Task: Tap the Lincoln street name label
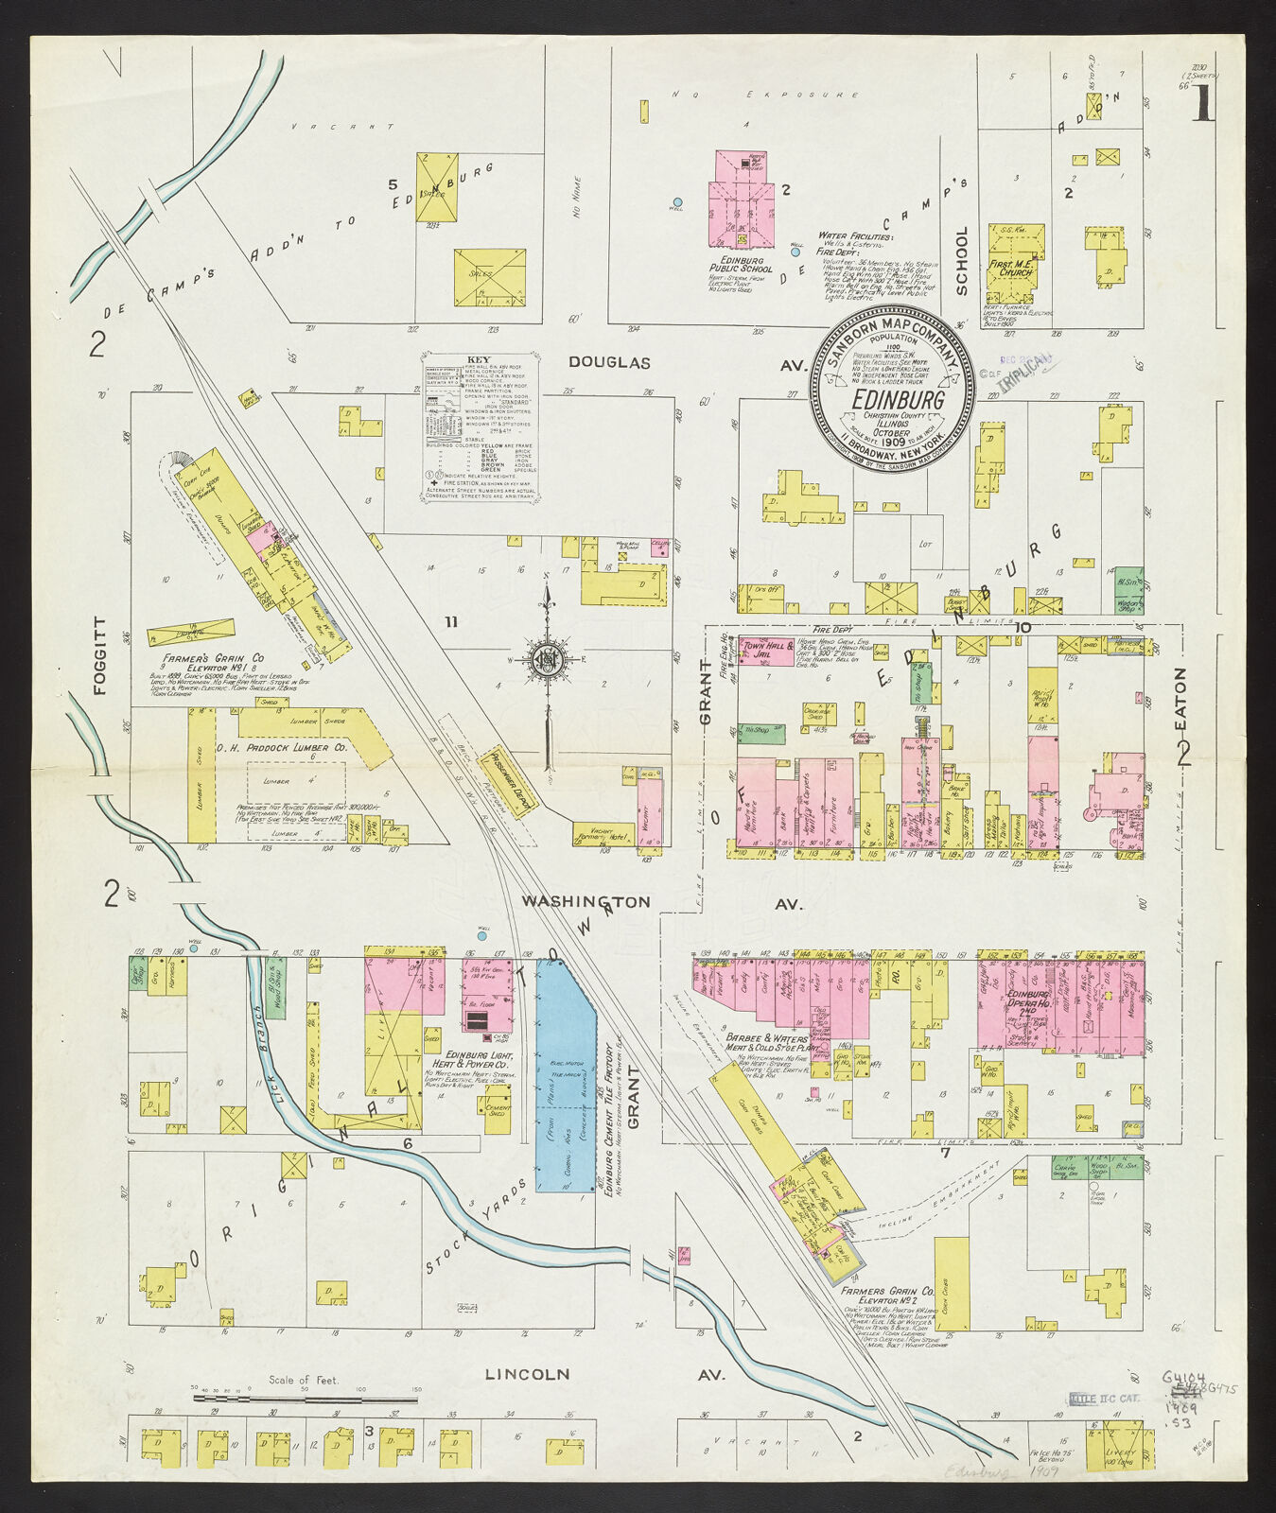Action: (x=527, y=1373)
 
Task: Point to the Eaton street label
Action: (x=1180, y=700)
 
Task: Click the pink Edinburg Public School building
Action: (x=741, y=200)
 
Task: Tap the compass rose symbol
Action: (x=548, y=659)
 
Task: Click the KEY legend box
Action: (x=480, y=427)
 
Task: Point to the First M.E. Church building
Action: (x=1014, y=256)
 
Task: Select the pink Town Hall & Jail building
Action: (x=767, y=651)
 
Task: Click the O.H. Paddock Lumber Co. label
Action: (x=281, y=748)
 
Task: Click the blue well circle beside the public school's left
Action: (x=677, y=202)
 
